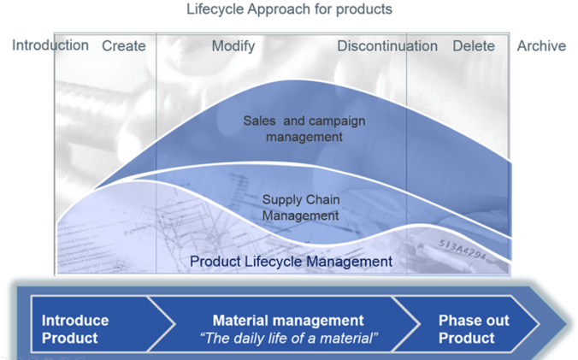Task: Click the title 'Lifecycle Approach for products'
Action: pos(289,10)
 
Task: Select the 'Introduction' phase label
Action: pos(50,45)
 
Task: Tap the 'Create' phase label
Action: pos(123,46)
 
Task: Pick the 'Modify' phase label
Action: pos(233,46)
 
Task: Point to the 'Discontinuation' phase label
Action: pos(386,46)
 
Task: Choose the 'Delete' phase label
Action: pos(473,46)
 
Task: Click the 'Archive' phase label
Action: pos(541,46)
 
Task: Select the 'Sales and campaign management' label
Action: pos(304,128)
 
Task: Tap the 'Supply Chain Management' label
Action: pos(301,208)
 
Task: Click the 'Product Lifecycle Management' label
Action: pos(291,262)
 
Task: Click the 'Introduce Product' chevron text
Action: pos(75,328)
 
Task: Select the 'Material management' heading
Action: pos(288,321)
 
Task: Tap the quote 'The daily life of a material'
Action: pos(288,338)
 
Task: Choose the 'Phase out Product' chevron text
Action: pos(473,328)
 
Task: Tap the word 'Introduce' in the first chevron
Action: pos(75,321)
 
